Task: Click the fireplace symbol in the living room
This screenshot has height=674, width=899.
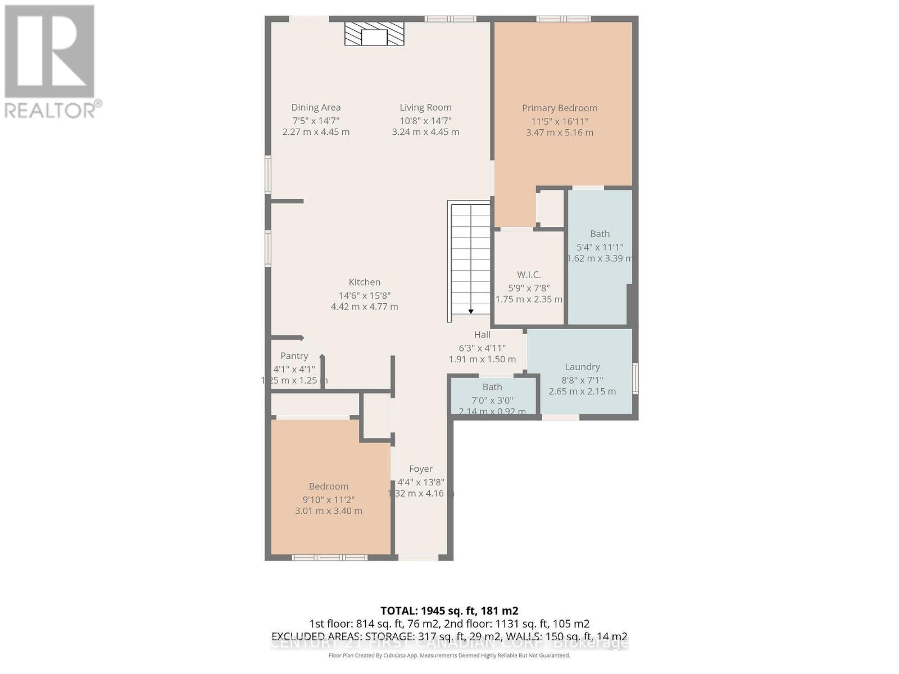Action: [x=374, y=35]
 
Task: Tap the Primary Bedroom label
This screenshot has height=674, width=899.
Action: [x=559, y=108]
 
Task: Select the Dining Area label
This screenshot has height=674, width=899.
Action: [x=316, y=107]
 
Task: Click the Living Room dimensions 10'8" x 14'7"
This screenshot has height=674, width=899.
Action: [x=425, y=121]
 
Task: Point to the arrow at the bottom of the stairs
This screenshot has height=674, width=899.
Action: [x=471, y=311]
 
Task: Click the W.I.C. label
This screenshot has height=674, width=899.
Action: [x=529, y=275]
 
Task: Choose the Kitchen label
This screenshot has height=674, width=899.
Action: [x=364, y=282]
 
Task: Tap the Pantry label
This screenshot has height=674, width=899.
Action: [x=294, y=356]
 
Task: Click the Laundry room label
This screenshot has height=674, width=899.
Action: [x=582, y=367]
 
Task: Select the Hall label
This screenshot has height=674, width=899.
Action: [x=482, y=334]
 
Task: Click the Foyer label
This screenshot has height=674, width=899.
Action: [x=420, y=468]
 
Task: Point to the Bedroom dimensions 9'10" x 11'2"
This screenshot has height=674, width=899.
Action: [x=328, y=499]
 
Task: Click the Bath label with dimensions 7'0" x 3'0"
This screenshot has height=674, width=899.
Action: [x=492, y=387]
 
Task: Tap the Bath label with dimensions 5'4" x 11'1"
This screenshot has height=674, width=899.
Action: [x=600, y=234]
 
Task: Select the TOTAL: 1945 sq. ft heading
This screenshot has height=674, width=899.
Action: [x=449, y=611]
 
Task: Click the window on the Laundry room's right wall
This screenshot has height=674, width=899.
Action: [x=635, y=377]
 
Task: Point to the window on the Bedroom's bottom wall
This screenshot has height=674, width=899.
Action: [x=329, y=557]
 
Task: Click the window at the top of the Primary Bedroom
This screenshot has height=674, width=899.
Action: [x=563, y=19]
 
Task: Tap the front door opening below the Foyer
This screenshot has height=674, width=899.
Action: [x=418, y=557]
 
